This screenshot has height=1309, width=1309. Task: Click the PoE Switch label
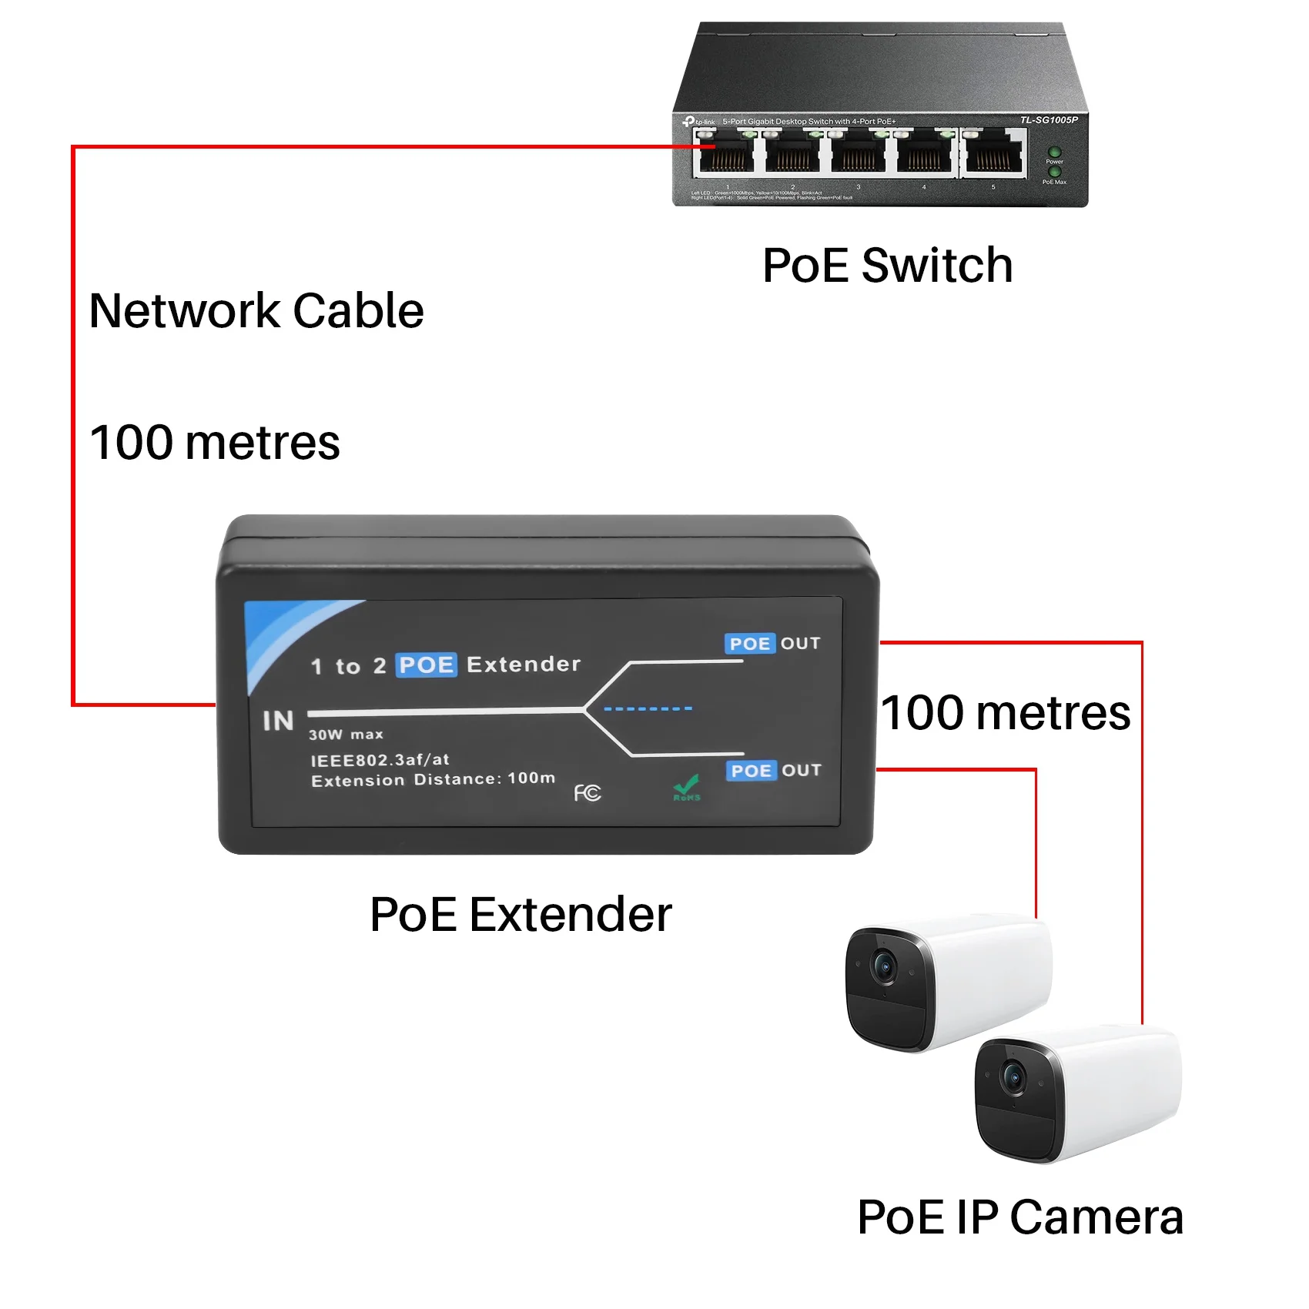[887, 266]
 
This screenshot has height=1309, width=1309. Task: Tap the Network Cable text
[256, 311]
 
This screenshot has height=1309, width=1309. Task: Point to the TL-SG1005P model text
[1048, 120]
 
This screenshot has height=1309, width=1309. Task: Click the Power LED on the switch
[1054, 152]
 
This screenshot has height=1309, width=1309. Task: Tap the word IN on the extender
[278, 721]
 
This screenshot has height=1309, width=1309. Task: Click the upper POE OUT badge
[772, 644]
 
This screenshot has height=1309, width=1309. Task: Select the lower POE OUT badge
[774, 771]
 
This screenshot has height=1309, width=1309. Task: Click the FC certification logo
[587, 792]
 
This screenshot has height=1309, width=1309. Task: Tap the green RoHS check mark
[686, 788]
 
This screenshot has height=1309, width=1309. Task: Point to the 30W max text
[346, 735]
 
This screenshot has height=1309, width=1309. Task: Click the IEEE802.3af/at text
[380, 760]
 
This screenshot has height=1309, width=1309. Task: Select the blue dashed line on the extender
[648, 708]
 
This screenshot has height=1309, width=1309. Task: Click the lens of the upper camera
[883, 966]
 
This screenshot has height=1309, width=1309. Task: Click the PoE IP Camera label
[1019, 1217]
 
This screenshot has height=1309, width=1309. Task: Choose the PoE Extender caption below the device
[521, 915]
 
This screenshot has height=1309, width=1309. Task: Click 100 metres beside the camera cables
[1006, 713]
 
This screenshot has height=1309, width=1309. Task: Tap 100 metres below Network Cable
[215, 443]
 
